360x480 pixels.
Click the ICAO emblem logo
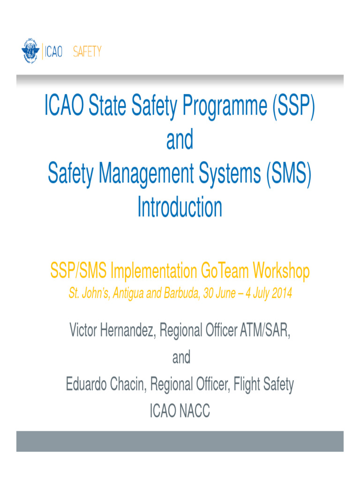click(30, 51)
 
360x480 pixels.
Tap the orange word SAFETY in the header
click(87, 52)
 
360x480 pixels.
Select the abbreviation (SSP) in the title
click(292, 107)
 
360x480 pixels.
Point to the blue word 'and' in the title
click(180, 140)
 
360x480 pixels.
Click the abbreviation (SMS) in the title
click(288, 174)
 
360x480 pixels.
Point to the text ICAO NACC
click(180, 412)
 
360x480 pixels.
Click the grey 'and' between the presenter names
click(181, 358)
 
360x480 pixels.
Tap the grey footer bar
click(180, 441)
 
